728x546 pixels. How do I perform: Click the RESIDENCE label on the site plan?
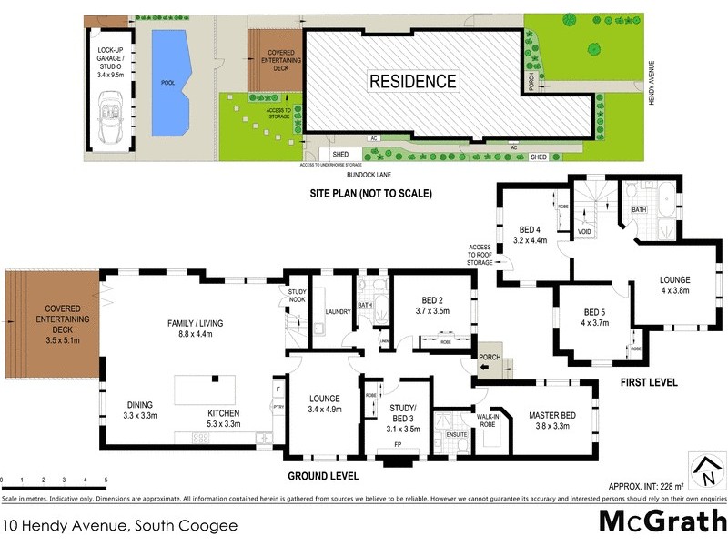click(x=412, y=81)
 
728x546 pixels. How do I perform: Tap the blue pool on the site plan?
click(x=168, y=78)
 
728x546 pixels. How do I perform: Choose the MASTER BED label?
click(x=555, y=421)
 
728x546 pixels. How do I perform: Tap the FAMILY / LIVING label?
click(x=196, y=329)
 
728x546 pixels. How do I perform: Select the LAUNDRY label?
click(x=339, y=312)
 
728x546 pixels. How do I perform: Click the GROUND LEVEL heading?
click(x=322, y=475)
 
